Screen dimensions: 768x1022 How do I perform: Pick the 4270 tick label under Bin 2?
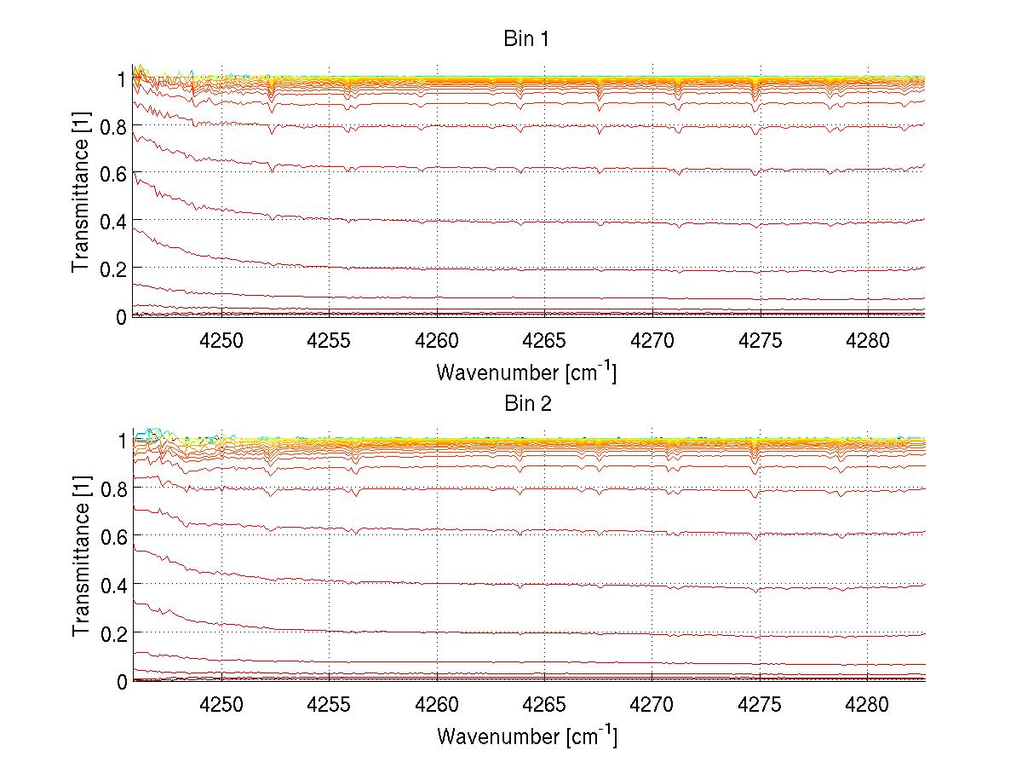(x=652, y=704)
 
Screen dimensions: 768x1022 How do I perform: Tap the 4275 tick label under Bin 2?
(x=760, y=704)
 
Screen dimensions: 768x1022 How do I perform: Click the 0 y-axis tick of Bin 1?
(x=122, y=317)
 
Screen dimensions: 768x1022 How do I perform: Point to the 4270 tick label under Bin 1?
(x=652, y=340)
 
